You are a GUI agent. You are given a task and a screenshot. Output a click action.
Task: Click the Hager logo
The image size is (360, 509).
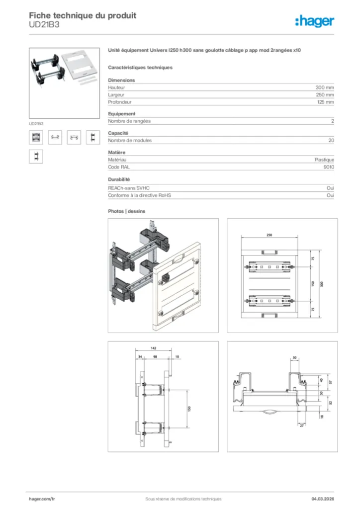coord(314,21)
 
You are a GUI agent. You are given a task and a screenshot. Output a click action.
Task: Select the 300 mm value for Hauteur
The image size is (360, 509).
coord(325,87)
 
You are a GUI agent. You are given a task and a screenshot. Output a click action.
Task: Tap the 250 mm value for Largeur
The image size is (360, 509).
coord(325,94)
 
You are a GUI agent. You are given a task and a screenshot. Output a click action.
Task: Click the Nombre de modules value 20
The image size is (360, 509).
coord(331,141)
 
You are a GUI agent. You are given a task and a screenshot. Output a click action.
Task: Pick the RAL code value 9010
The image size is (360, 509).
coord(329,167)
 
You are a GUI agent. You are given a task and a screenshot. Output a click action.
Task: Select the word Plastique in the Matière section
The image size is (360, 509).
coord(324,160)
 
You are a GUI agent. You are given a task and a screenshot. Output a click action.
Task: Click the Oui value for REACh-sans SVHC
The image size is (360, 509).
coord(330,188)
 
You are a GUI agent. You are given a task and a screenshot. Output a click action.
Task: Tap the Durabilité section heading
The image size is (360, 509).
coord(119,179)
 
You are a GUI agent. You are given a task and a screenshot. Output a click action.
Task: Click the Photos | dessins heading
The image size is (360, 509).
coord(127,211)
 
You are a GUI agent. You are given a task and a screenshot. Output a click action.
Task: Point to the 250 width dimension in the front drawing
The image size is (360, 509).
coord(269,235)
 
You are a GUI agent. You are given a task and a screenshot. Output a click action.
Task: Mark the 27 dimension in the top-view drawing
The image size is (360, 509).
coord(301,425)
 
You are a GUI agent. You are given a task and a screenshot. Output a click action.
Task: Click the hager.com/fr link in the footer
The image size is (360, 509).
coord(42,499)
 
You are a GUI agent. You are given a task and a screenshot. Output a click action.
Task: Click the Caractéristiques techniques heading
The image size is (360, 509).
coord(140,67)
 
